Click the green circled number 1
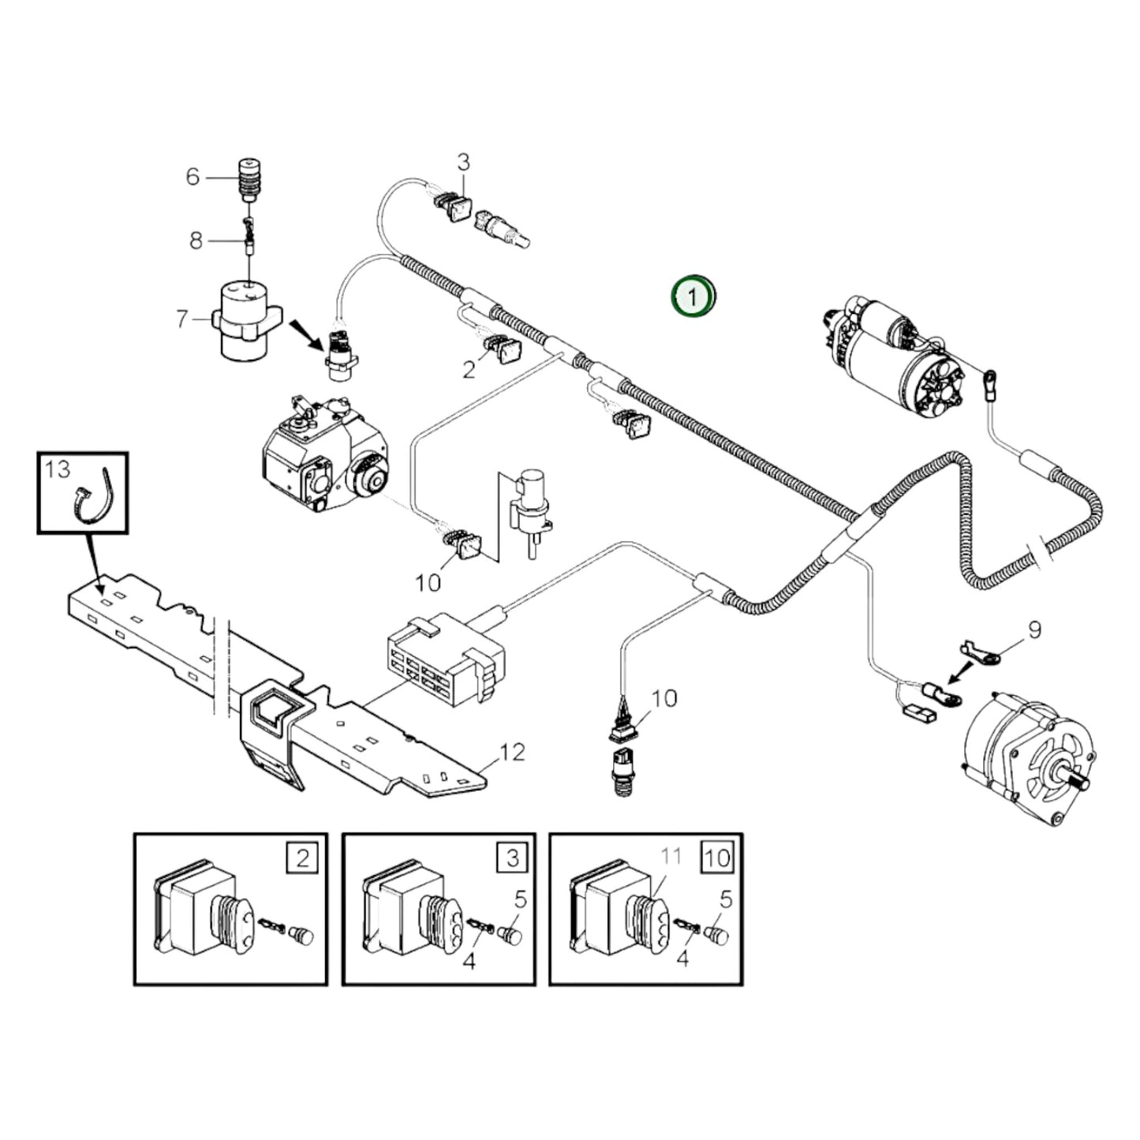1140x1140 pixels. click(692, 298)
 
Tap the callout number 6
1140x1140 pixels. click(192, 177)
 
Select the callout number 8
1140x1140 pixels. click(196, 240)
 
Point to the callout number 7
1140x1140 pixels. click(182, 320)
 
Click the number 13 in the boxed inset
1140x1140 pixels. click(58, 469)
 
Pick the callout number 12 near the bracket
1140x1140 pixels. click(512, 752)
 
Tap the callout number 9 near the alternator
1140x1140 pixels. click(1033, 630)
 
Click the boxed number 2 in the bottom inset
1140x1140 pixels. click(303, 857)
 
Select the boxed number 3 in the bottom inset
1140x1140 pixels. click(512, 857)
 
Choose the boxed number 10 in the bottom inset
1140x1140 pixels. click(717, 857)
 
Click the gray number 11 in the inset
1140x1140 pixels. click(671, 856)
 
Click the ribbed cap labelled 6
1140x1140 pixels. click(249, 180)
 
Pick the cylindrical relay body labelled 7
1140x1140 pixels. click(245, 323)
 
